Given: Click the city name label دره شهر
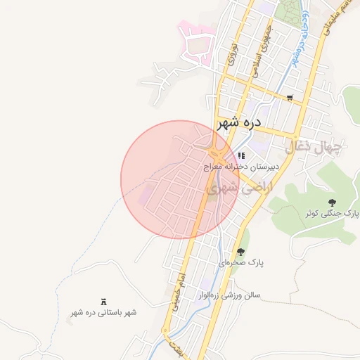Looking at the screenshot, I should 239,122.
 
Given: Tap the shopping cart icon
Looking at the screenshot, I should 290,98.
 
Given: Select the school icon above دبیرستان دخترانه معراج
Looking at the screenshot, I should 241,155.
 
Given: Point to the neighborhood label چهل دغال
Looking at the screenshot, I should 313,148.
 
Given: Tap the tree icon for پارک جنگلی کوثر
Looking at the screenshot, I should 332,202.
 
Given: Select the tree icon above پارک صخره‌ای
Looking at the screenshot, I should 241,251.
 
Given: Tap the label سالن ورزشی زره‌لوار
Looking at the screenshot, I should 230,295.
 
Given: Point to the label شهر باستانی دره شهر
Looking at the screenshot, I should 104,311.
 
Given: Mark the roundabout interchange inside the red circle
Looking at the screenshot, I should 217,153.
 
